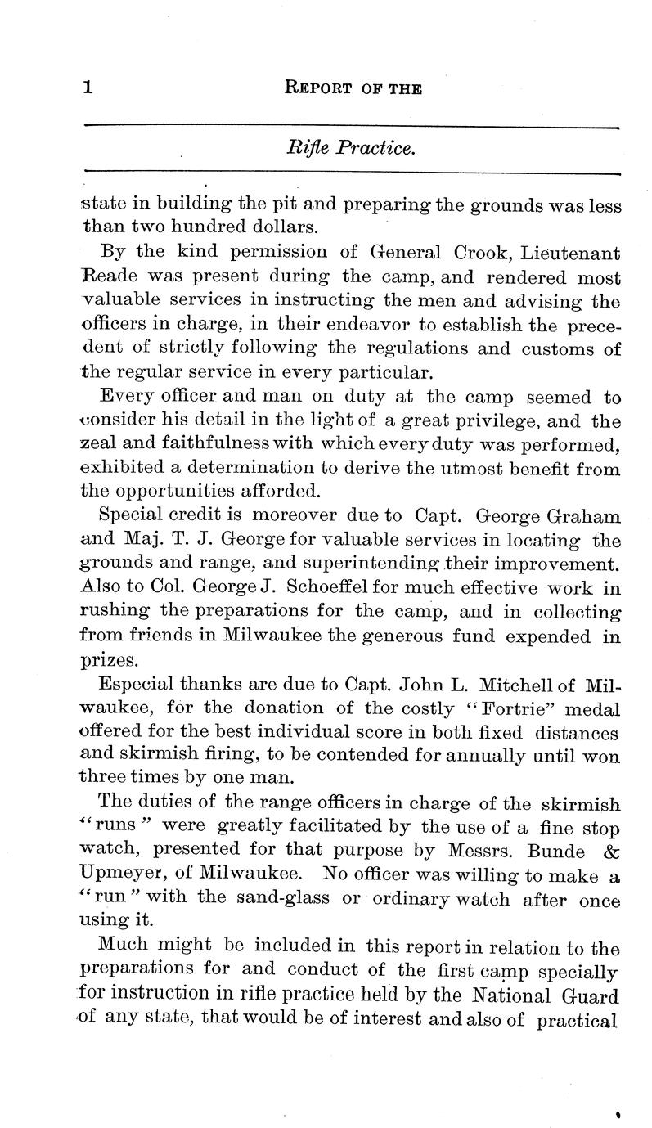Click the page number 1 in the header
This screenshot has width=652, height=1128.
(x=87, y=88)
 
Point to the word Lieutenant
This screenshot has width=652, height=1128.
(x=564, y=254)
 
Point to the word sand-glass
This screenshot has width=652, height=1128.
(x=284, y=900)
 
